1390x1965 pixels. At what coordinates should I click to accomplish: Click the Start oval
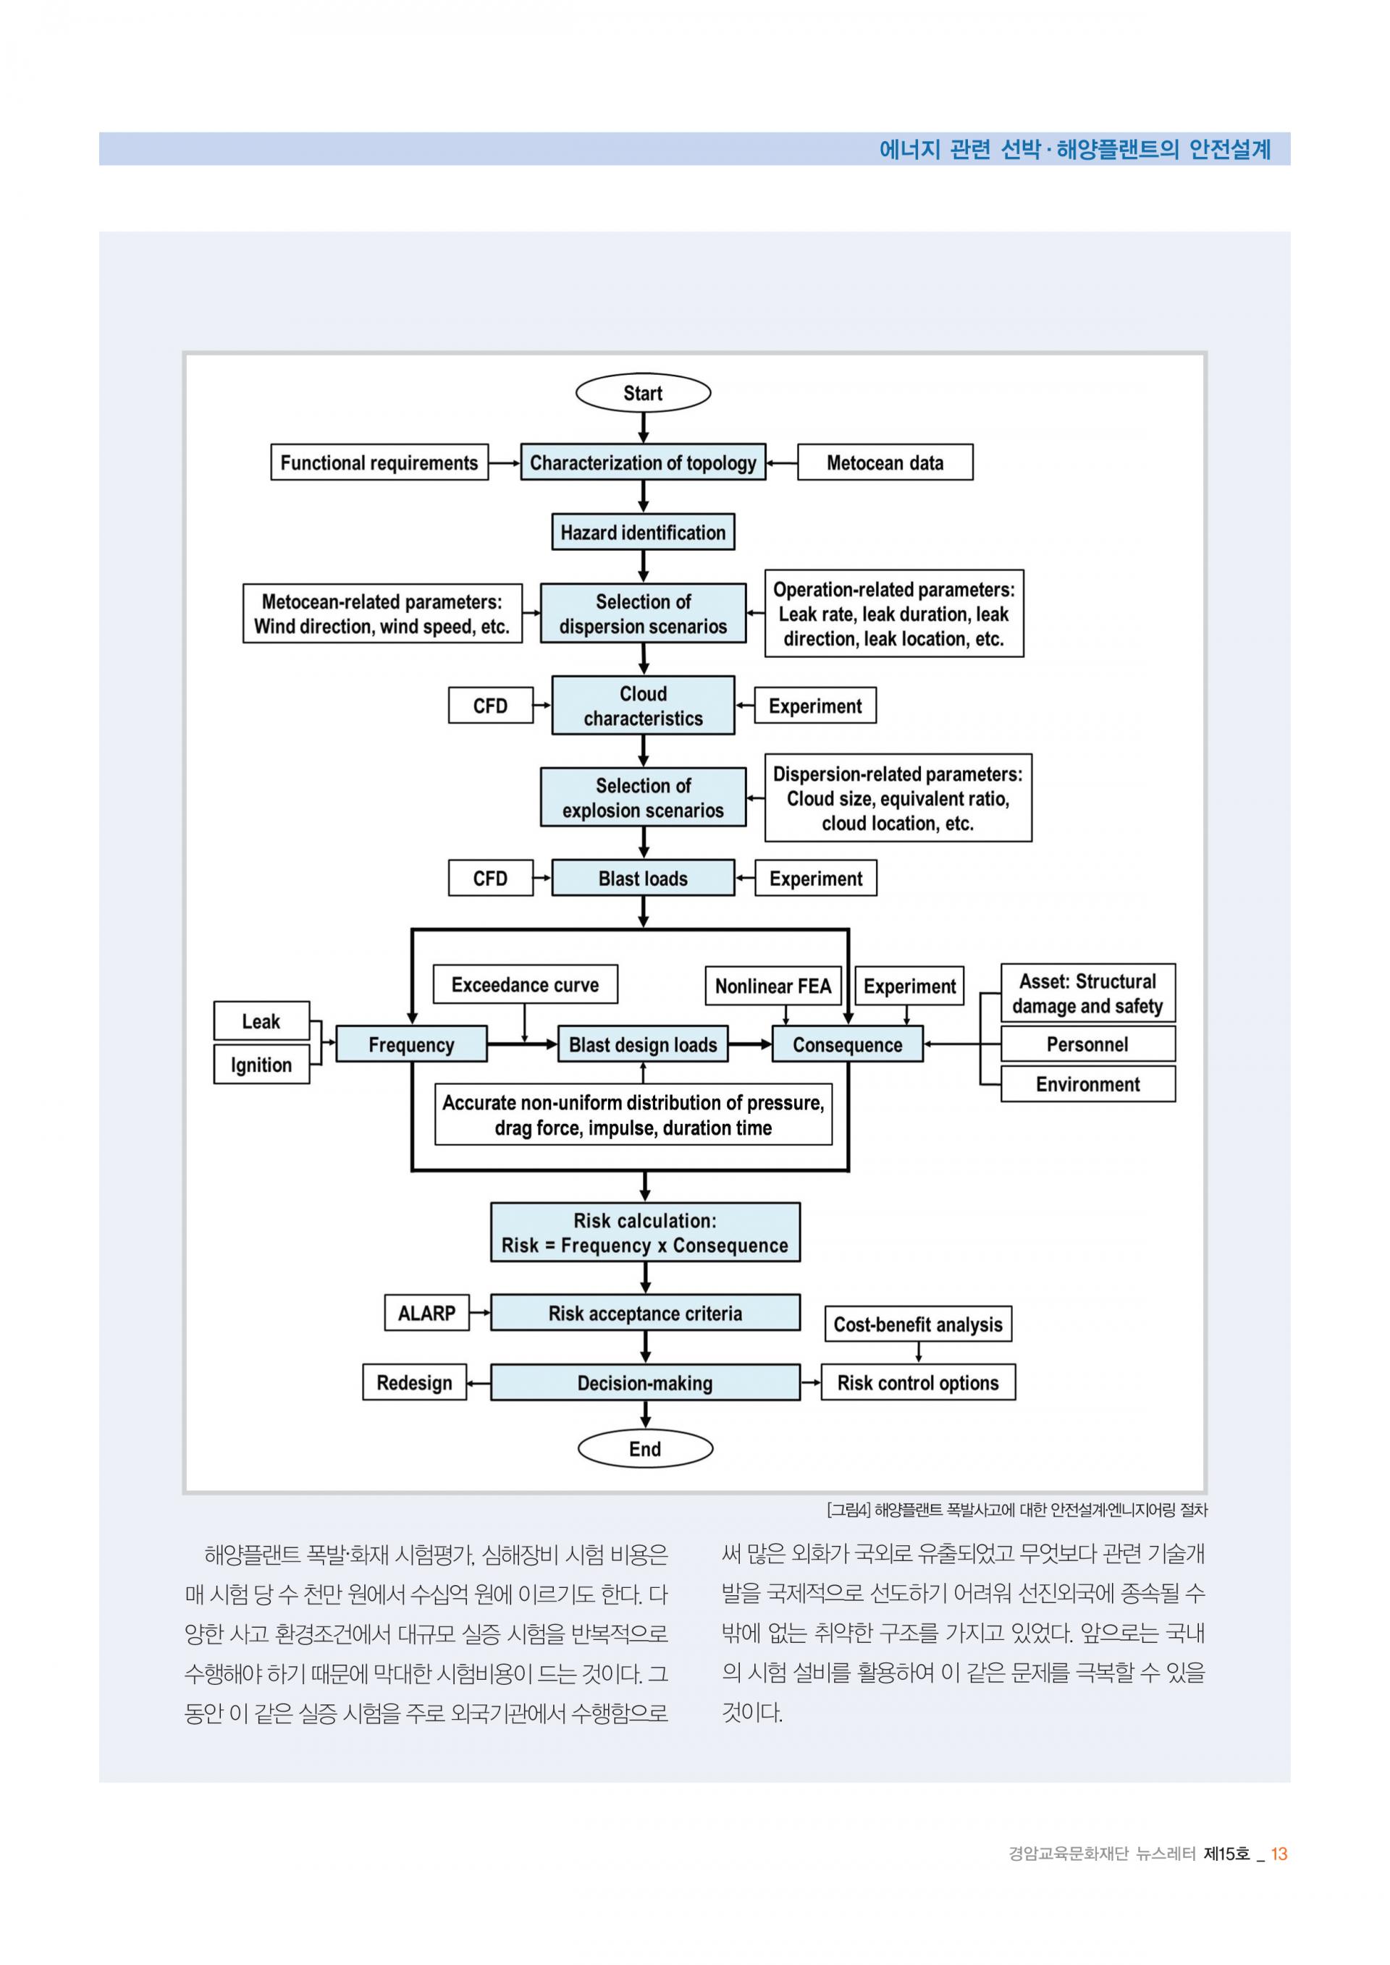(x=643, y=393)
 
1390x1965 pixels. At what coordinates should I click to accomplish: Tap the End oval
(x=644, y=1448)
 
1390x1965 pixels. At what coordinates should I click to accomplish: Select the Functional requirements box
(x=379, y=462)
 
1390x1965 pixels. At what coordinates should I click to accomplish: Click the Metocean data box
(x=885, y=462)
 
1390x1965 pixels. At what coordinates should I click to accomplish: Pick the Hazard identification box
(x=643, y=533)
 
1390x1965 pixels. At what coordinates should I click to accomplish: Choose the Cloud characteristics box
(x=643, y=705)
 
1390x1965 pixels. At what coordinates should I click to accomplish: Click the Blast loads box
(x=643, y=878)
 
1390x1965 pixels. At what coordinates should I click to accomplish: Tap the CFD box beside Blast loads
(x=490, y=878)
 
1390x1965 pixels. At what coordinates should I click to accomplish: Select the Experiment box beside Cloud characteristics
(x=815, y=705)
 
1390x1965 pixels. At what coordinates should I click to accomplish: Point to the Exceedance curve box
(x=525, y=984)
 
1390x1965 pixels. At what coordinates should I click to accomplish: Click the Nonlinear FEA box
(x=773, y=986)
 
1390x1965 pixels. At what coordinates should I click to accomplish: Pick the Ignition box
(x=261, y=1065)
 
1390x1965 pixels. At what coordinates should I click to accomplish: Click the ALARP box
(x=426, y=1313)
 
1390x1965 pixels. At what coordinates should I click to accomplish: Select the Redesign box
(x=414, y=1382)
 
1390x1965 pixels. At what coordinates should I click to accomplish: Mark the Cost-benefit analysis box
(x=917, y=1324)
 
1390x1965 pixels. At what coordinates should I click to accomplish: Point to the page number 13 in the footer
(x=1279, y=1854)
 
